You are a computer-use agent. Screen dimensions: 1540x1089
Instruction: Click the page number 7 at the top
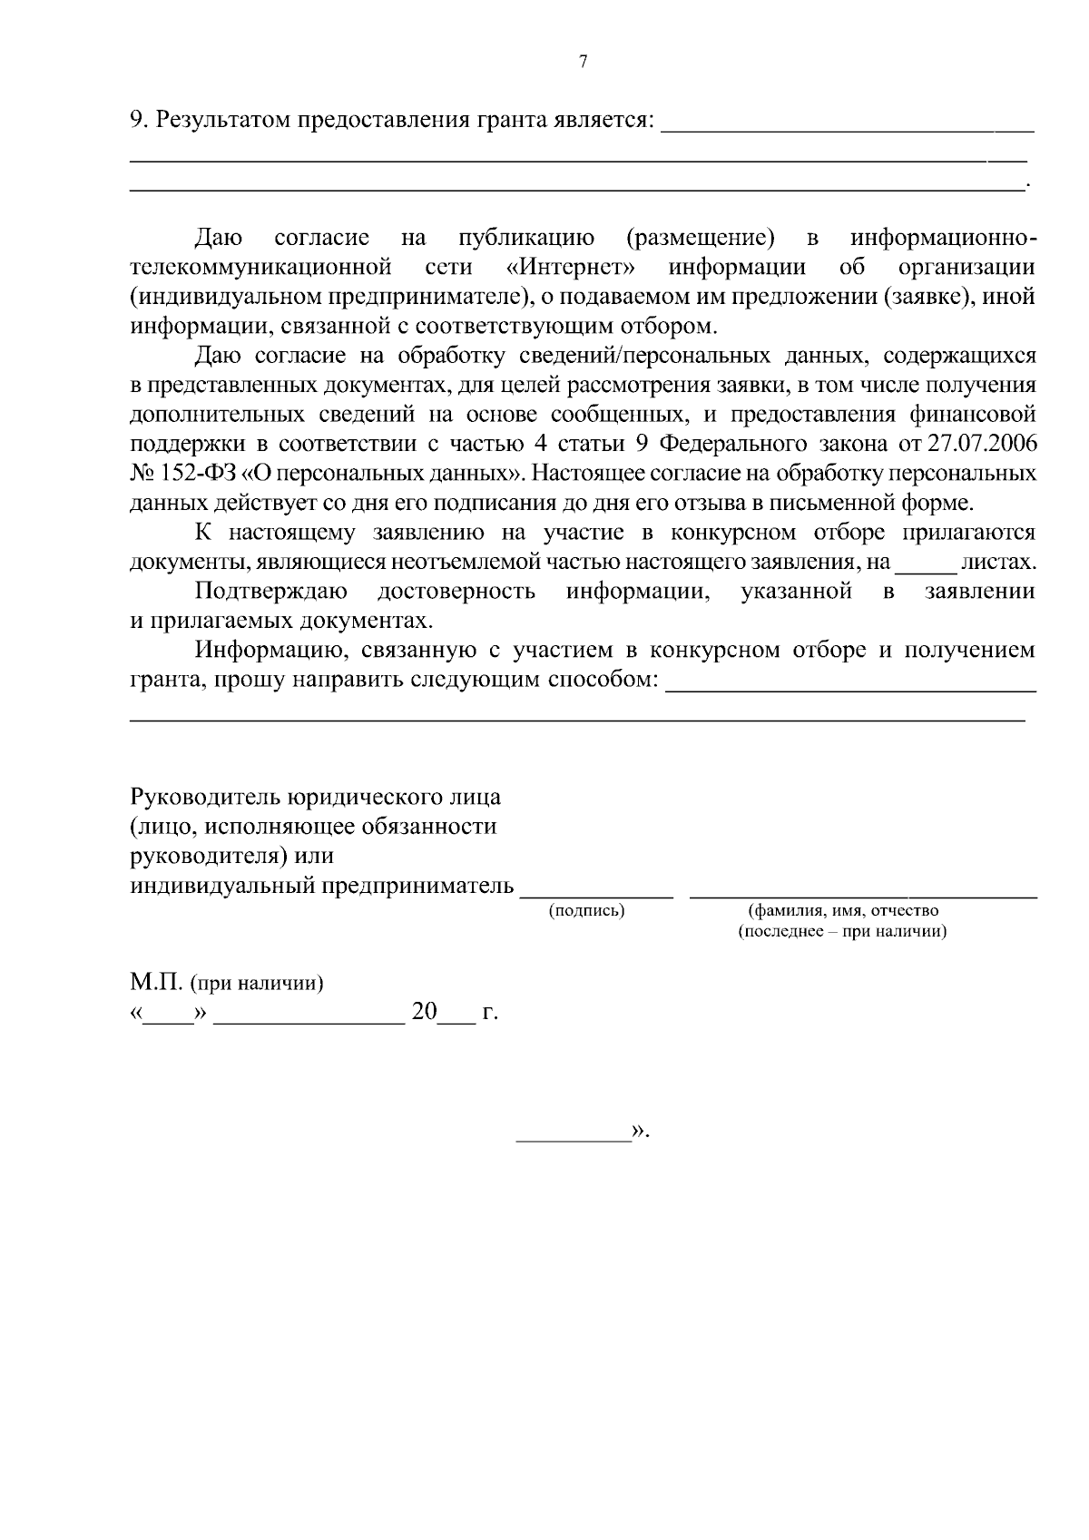[x=583, y=62]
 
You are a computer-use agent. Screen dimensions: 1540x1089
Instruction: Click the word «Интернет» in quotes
[x=571, y=267]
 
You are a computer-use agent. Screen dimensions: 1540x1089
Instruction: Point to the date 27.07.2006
[x=985, y=444]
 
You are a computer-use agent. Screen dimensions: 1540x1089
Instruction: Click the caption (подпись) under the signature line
[x=587, y=910]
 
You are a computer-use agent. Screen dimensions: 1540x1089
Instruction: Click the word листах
[x=997, y=562]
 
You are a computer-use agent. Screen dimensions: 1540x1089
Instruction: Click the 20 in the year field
[x=424, y=1012]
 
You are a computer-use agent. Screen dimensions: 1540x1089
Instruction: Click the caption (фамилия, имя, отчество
[x=843, y=910]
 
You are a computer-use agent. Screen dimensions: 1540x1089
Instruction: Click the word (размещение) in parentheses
[x=701, y=238]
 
